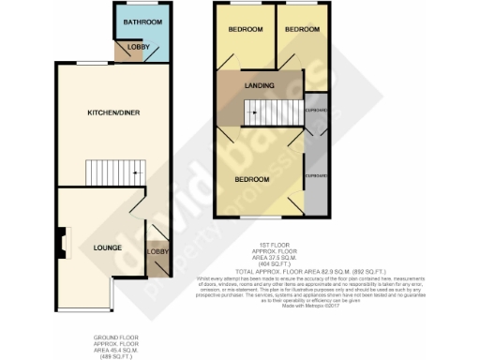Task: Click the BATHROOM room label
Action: pyautogui.click(x=144, y=22)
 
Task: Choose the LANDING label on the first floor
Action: pyautogui.click(x=259, y=86)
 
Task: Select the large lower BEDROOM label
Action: pyautogui.click(x=252, y=178)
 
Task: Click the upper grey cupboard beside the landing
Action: pyautogui.click(x=317, y=111)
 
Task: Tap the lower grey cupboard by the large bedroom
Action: pyautogui.click(x=317, y=175)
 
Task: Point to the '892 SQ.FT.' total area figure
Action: pyautogui.click(x=366, y=270)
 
